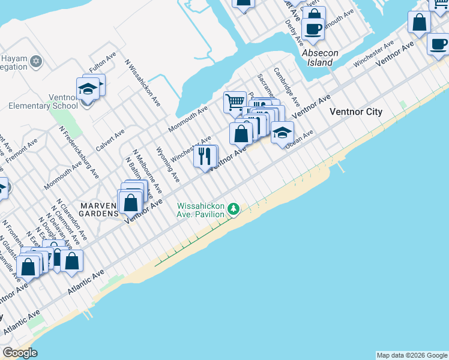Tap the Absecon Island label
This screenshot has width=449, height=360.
[x=320, y=58]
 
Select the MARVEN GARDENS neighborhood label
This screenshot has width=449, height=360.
[x=97, y=206]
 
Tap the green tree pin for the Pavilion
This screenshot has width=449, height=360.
[x=234, y=209]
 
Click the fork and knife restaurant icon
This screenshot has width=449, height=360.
[x=205, y=156]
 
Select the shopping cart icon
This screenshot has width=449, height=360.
[x=235, y=101]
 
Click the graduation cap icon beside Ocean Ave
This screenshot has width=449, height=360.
[x=282, y=132]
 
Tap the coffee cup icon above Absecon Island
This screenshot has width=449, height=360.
[x=313, y=28]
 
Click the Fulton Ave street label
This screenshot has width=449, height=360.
[x=102, y=62]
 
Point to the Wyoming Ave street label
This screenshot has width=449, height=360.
[x=167, y=164]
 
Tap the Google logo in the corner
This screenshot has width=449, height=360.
[x=20, y=353]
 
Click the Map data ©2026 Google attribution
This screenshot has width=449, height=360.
[x=412, y=355]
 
